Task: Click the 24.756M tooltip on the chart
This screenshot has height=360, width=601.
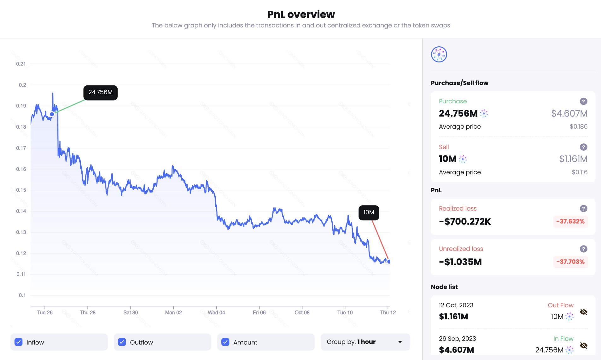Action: [x=100, y=92]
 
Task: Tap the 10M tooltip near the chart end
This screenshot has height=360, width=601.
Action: [x=369, y=212]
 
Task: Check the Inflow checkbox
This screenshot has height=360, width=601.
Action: [x=19, y=342]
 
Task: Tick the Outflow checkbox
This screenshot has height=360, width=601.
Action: [x=122, y=342]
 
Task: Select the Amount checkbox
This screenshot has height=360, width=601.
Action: [x=225, y=342]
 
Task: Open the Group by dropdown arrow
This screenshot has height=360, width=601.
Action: [x=400, y=342]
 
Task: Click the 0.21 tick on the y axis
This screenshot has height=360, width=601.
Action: [x=21, y=64]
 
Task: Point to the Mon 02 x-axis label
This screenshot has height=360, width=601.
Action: [x=173, y=312]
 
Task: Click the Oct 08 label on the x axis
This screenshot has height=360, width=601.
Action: [x=302, y=312]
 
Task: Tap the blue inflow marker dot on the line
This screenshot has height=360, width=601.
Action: [x=52, y=114]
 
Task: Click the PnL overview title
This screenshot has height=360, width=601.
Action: [x=301, y=15]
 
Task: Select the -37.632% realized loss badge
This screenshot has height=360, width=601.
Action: [x=570, y=221]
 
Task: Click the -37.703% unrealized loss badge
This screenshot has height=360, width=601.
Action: [x=570, y=262]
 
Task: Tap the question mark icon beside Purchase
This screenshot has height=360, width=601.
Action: [x=583, y=101]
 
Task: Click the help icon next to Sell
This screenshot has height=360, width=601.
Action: [x=583, y=147]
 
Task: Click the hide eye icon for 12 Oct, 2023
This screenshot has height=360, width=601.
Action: [x=583, y=312]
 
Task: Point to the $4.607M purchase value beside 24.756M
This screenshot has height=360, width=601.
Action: [x=569, y=113]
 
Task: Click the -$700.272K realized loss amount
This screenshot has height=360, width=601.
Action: [x=465, y=222]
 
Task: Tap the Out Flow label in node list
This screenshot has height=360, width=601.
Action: [x=560, y=305]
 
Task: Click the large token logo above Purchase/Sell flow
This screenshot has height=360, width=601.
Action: [x=439, y=55]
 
